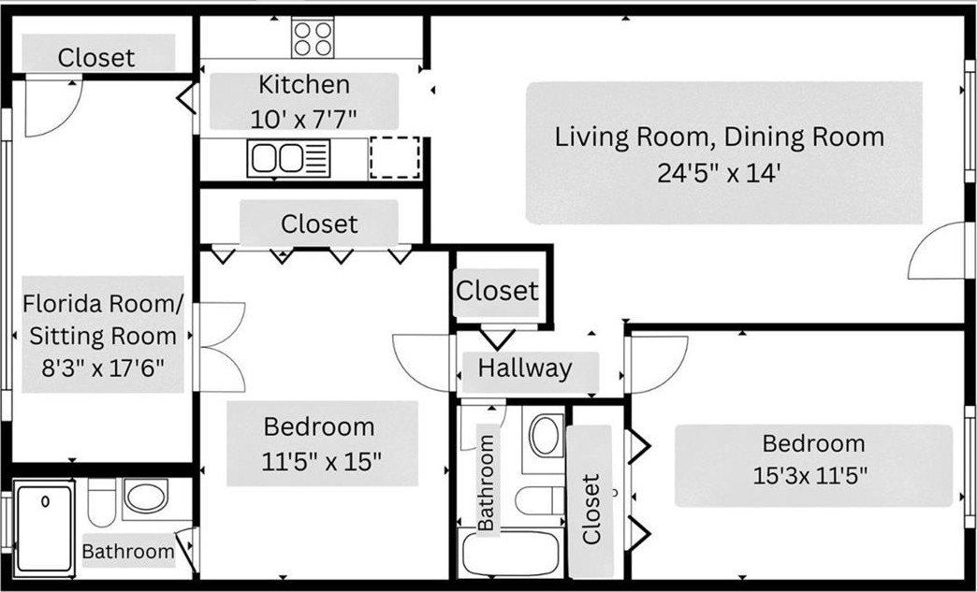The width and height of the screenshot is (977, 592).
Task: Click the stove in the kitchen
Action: pos(313,37)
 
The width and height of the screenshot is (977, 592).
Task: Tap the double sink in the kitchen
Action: pos(288,158)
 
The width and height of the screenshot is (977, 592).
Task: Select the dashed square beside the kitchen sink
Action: pos(395,157)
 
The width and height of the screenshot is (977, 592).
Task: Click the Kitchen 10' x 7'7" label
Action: pos(303,101)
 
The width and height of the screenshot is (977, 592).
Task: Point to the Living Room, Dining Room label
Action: pos(720,137)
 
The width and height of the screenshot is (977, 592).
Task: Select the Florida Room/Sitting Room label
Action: pos(104,320)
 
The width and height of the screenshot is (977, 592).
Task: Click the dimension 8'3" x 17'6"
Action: pos(103,368)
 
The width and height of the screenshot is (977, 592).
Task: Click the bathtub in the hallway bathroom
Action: pos(510,553)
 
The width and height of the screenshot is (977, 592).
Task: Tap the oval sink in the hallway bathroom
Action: pos(546,436)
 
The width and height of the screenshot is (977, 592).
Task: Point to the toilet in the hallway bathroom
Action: pos(540,500)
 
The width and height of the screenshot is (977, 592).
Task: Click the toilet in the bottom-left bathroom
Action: pos(102,502)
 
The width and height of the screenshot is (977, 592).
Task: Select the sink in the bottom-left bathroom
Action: pos(146,496)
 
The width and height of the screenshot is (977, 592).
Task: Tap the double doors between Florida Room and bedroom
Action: pos(220,347)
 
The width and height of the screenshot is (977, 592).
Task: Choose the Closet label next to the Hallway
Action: pos(497,290)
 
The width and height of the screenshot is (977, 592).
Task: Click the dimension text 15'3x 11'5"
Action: pos(810,476)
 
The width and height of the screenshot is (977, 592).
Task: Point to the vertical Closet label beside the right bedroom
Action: pos(591,509)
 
